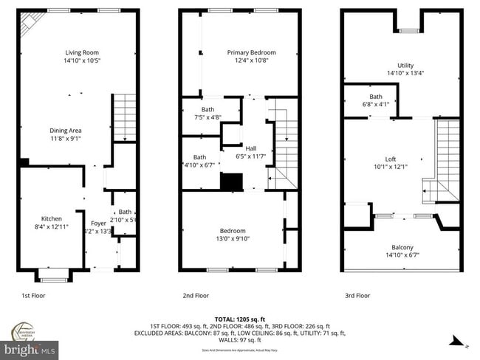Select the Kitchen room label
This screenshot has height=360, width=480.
(51, 218)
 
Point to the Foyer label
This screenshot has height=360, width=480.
(98, 223)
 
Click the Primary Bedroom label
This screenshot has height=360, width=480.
(251, 52)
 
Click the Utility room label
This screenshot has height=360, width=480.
(405, 66)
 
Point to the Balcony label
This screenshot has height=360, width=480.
(402, 247)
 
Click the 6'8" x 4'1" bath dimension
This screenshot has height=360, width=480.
(376, 105)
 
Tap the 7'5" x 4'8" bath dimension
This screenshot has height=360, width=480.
(208, 117)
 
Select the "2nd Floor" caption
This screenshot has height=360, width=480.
(196, 295)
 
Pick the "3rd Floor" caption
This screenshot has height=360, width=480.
(358, 295)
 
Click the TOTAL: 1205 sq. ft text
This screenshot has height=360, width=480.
(240, 319)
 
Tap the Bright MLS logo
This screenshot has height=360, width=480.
(30, 347)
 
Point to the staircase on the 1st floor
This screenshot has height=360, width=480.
(125, 118)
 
